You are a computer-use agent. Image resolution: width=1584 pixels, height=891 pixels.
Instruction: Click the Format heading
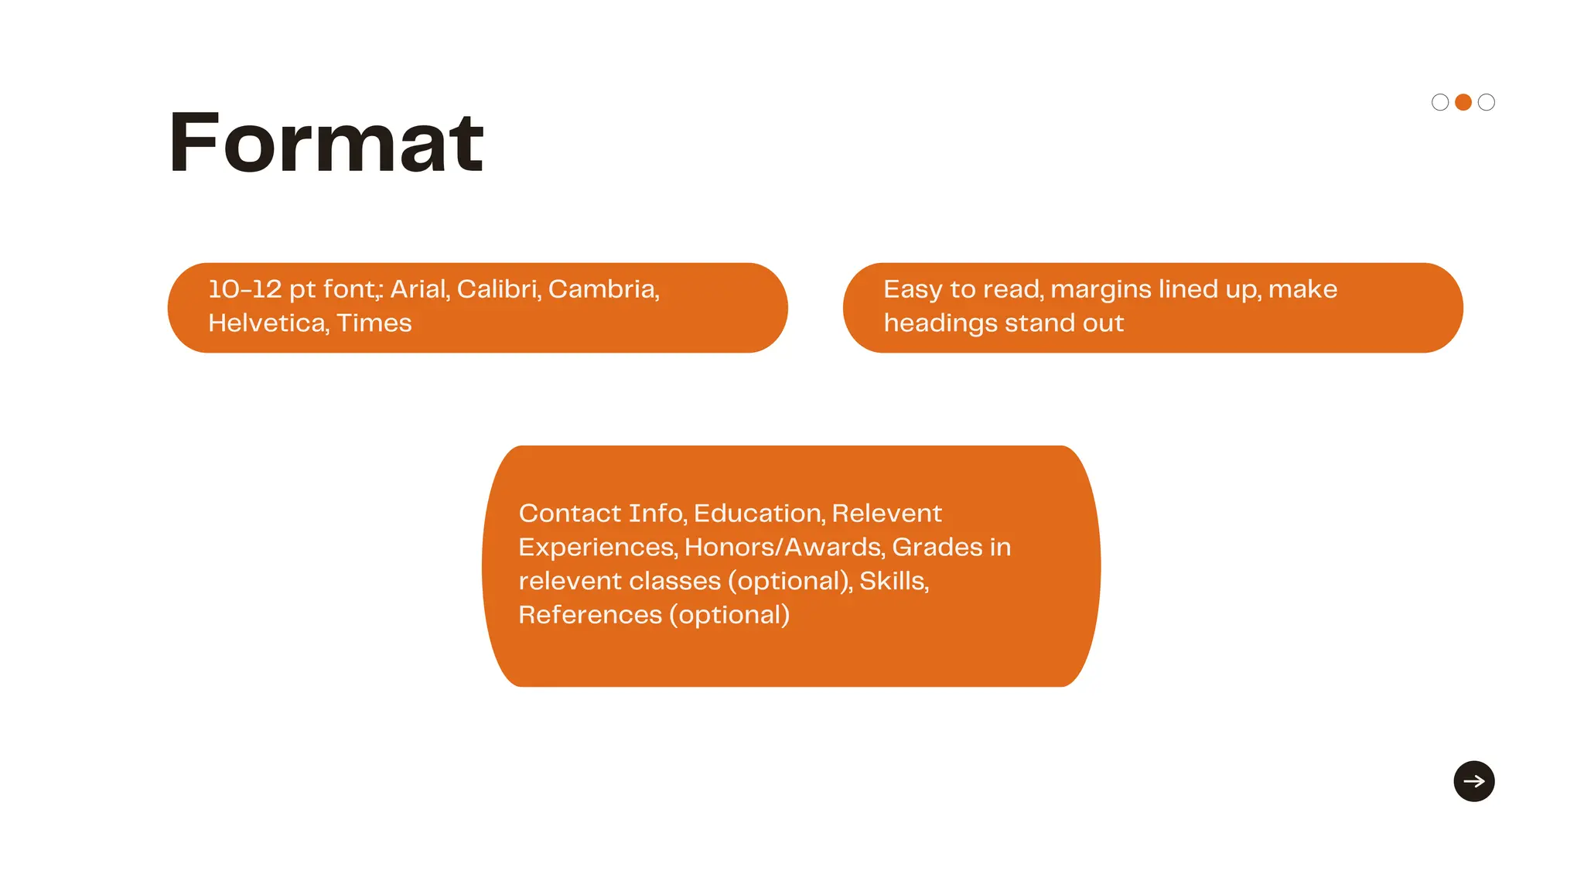[x=326, y=143]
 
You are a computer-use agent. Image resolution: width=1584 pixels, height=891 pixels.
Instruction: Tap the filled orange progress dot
[x=1463, y=102]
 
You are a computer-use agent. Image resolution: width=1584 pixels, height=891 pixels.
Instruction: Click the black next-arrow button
[x=1473, y=781]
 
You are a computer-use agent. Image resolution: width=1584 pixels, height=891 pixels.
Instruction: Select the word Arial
[x=419, y=289]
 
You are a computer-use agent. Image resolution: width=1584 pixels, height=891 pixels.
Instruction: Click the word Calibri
[x=498, y=289]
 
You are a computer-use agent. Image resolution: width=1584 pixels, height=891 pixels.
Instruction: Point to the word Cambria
[x=603, y=289]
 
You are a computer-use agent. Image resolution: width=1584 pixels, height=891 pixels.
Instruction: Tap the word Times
[x=374, y=323]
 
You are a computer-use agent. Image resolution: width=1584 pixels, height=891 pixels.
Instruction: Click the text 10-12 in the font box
[x=244, y=289]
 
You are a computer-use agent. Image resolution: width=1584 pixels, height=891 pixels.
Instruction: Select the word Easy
[x=913, y=290]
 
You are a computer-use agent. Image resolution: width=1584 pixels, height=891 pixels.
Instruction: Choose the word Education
[x=758, y=514]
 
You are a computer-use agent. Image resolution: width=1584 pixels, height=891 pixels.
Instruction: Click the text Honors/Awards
[x=783, y=548]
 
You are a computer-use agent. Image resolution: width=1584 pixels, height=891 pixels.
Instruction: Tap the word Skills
[x=893, y=581]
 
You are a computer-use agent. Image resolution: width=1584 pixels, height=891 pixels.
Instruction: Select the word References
[x=590, y=615]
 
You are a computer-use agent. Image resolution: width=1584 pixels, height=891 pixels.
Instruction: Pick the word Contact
[x=569, y=514]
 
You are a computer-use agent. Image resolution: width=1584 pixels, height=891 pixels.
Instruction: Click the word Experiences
[x=597, y=548]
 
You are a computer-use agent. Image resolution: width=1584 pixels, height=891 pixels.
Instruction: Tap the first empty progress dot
[x=1439, y=102]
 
